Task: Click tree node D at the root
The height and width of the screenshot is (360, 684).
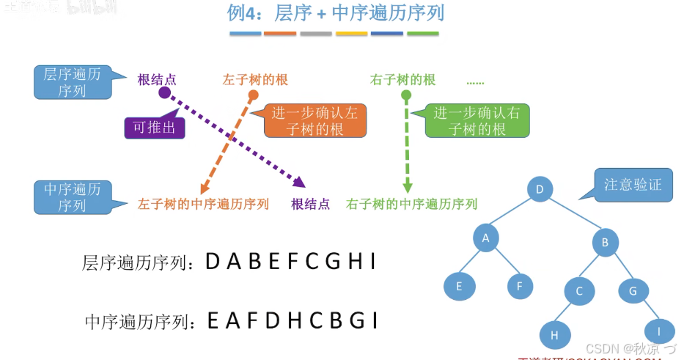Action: point(540,190)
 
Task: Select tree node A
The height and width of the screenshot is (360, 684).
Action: point(485,237)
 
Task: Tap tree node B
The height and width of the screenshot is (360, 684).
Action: point(606,243)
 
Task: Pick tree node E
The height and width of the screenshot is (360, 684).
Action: point(459,286)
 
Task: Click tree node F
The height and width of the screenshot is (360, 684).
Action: point(520,286)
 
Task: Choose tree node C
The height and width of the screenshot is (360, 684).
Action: point(578,291)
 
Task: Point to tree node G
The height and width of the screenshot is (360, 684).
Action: point(633,291)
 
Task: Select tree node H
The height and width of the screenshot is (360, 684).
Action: point(555,335)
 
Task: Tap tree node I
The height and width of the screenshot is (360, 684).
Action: point(660,331)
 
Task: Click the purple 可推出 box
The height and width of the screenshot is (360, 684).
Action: point(154,128)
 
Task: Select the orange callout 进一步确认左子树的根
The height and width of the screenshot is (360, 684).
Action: point(315,121)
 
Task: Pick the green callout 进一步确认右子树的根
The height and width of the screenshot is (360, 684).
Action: point(477,121)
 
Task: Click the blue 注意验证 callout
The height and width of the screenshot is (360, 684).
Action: point(633,184)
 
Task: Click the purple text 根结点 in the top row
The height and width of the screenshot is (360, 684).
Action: point(157,79)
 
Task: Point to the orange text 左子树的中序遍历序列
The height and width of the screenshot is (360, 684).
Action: point(203,204)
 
